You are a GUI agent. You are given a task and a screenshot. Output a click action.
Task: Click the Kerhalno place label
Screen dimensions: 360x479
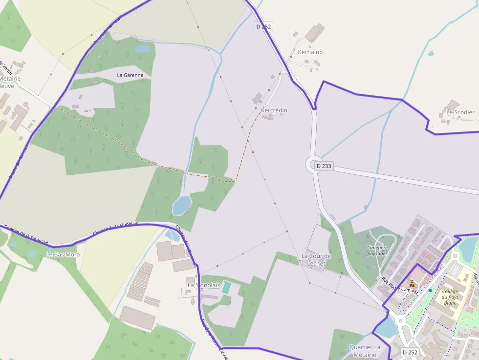[x=310, y=52]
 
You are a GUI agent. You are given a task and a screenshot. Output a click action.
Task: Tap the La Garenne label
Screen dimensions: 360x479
[x=130, y=75]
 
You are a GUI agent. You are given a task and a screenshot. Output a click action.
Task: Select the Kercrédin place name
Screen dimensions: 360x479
[x=274, y=110]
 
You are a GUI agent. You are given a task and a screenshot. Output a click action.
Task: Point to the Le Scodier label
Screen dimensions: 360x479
[x=460, y=112]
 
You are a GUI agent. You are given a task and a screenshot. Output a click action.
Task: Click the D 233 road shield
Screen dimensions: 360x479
[x=324, y=166]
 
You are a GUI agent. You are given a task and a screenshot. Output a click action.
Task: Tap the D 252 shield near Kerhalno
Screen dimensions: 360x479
[x=263, y=27]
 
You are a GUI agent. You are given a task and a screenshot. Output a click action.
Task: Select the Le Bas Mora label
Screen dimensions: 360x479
[x=63, y=254]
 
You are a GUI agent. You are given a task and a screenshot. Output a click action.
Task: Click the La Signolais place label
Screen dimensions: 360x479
[x=204, y=285]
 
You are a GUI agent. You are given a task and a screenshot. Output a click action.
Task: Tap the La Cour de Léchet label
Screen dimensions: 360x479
[x=316, y=259]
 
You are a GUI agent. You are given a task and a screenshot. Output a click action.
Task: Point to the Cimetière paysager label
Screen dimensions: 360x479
[x=377, y=251]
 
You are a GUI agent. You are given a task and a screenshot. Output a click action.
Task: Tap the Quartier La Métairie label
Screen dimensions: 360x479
[x=365, y=350]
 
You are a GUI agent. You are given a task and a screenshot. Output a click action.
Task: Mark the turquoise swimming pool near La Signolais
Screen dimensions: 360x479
[x=226, y=287]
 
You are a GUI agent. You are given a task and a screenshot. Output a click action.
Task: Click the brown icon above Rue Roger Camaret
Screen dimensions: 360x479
[x=412, y=283]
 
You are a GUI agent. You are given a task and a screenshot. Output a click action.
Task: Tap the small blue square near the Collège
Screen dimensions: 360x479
[x=430, y=291]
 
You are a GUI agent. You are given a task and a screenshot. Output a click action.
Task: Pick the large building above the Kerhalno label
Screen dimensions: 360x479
[x=315, y=33]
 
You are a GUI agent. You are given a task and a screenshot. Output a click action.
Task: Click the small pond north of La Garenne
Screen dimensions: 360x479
[x=143, y=49]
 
